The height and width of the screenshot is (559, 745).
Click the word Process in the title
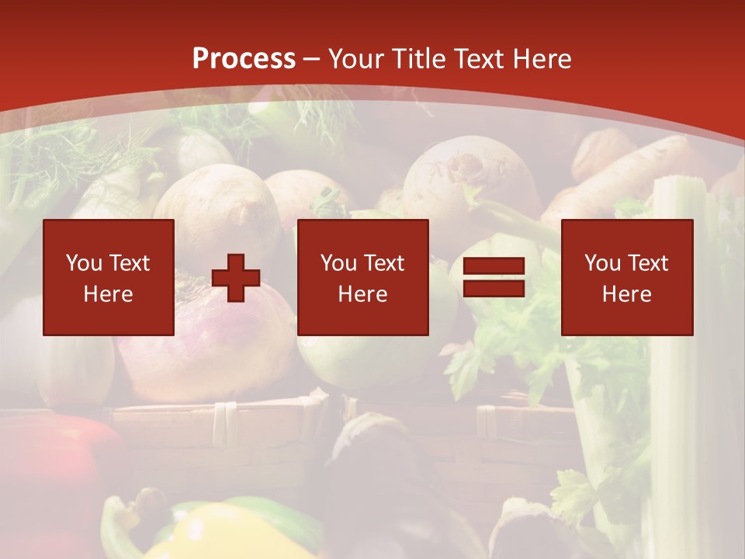coord(244,59)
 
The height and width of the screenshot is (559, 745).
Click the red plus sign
coord(236,278)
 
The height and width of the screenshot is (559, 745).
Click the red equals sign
coord(494,278)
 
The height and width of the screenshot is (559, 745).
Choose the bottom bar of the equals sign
coord(494,289)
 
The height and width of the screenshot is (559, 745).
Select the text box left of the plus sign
coord(109,277)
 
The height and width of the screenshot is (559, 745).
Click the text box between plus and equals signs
coord(363,277)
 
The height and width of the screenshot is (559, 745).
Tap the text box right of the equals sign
coord(627,277)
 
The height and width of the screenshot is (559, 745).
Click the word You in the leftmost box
coord(84,263)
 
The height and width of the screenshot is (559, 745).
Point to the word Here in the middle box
coord(363,294)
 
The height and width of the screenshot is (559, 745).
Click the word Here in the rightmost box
coord(627,294)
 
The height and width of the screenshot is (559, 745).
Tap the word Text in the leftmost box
coord(129,263)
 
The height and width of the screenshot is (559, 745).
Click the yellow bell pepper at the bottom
coord(202,536)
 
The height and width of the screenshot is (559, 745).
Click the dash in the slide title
coord(312,60)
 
